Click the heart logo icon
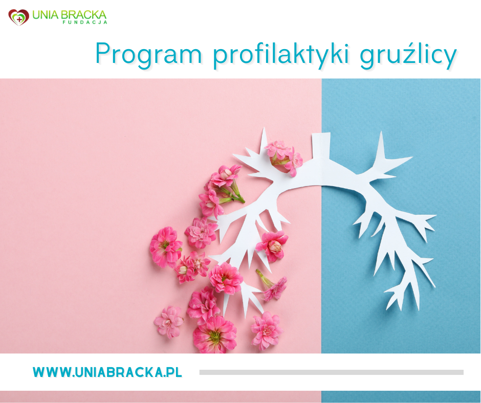pos(18,17)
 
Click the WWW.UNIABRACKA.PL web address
pos(107,372)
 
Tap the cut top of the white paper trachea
pos(321,139)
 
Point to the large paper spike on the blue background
pos(381,148)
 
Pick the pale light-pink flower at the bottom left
pos(168,322)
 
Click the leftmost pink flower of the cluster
pos(165,247)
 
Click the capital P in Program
pos(103,53)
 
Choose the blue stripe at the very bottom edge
pos(401,397)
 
